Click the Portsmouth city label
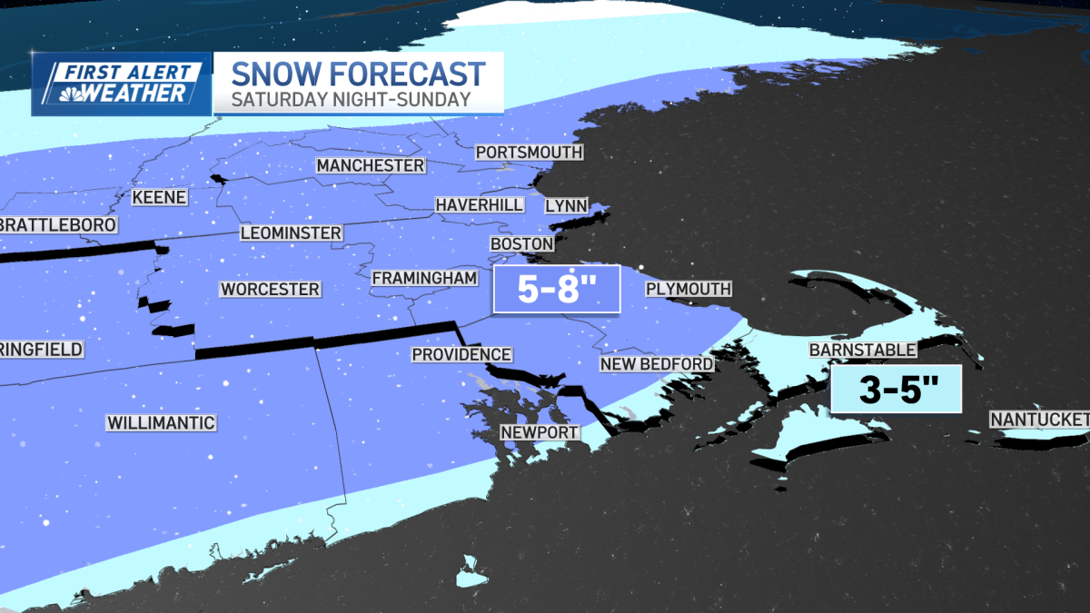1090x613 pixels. [529, 153]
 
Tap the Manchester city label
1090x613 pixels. [371, 166]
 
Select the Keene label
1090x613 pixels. [159, 197]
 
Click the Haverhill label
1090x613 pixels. [479, 205]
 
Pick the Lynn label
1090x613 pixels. [566, 206]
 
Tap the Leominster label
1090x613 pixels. [291, 233]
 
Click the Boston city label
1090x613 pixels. [521, 244]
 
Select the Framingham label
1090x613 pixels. [425, 278]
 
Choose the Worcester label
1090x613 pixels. [270, 290]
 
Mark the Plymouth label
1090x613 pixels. [688, 290]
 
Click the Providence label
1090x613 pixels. [461, 355]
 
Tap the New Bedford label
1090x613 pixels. [656, 364]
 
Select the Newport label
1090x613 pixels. [540, 432]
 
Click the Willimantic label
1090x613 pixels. [161, 423]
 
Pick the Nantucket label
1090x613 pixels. [1039, 420]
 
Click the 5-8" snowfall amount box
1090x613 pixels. [556, 290]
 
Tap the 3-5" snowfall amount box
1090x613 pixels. [896, 390]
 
